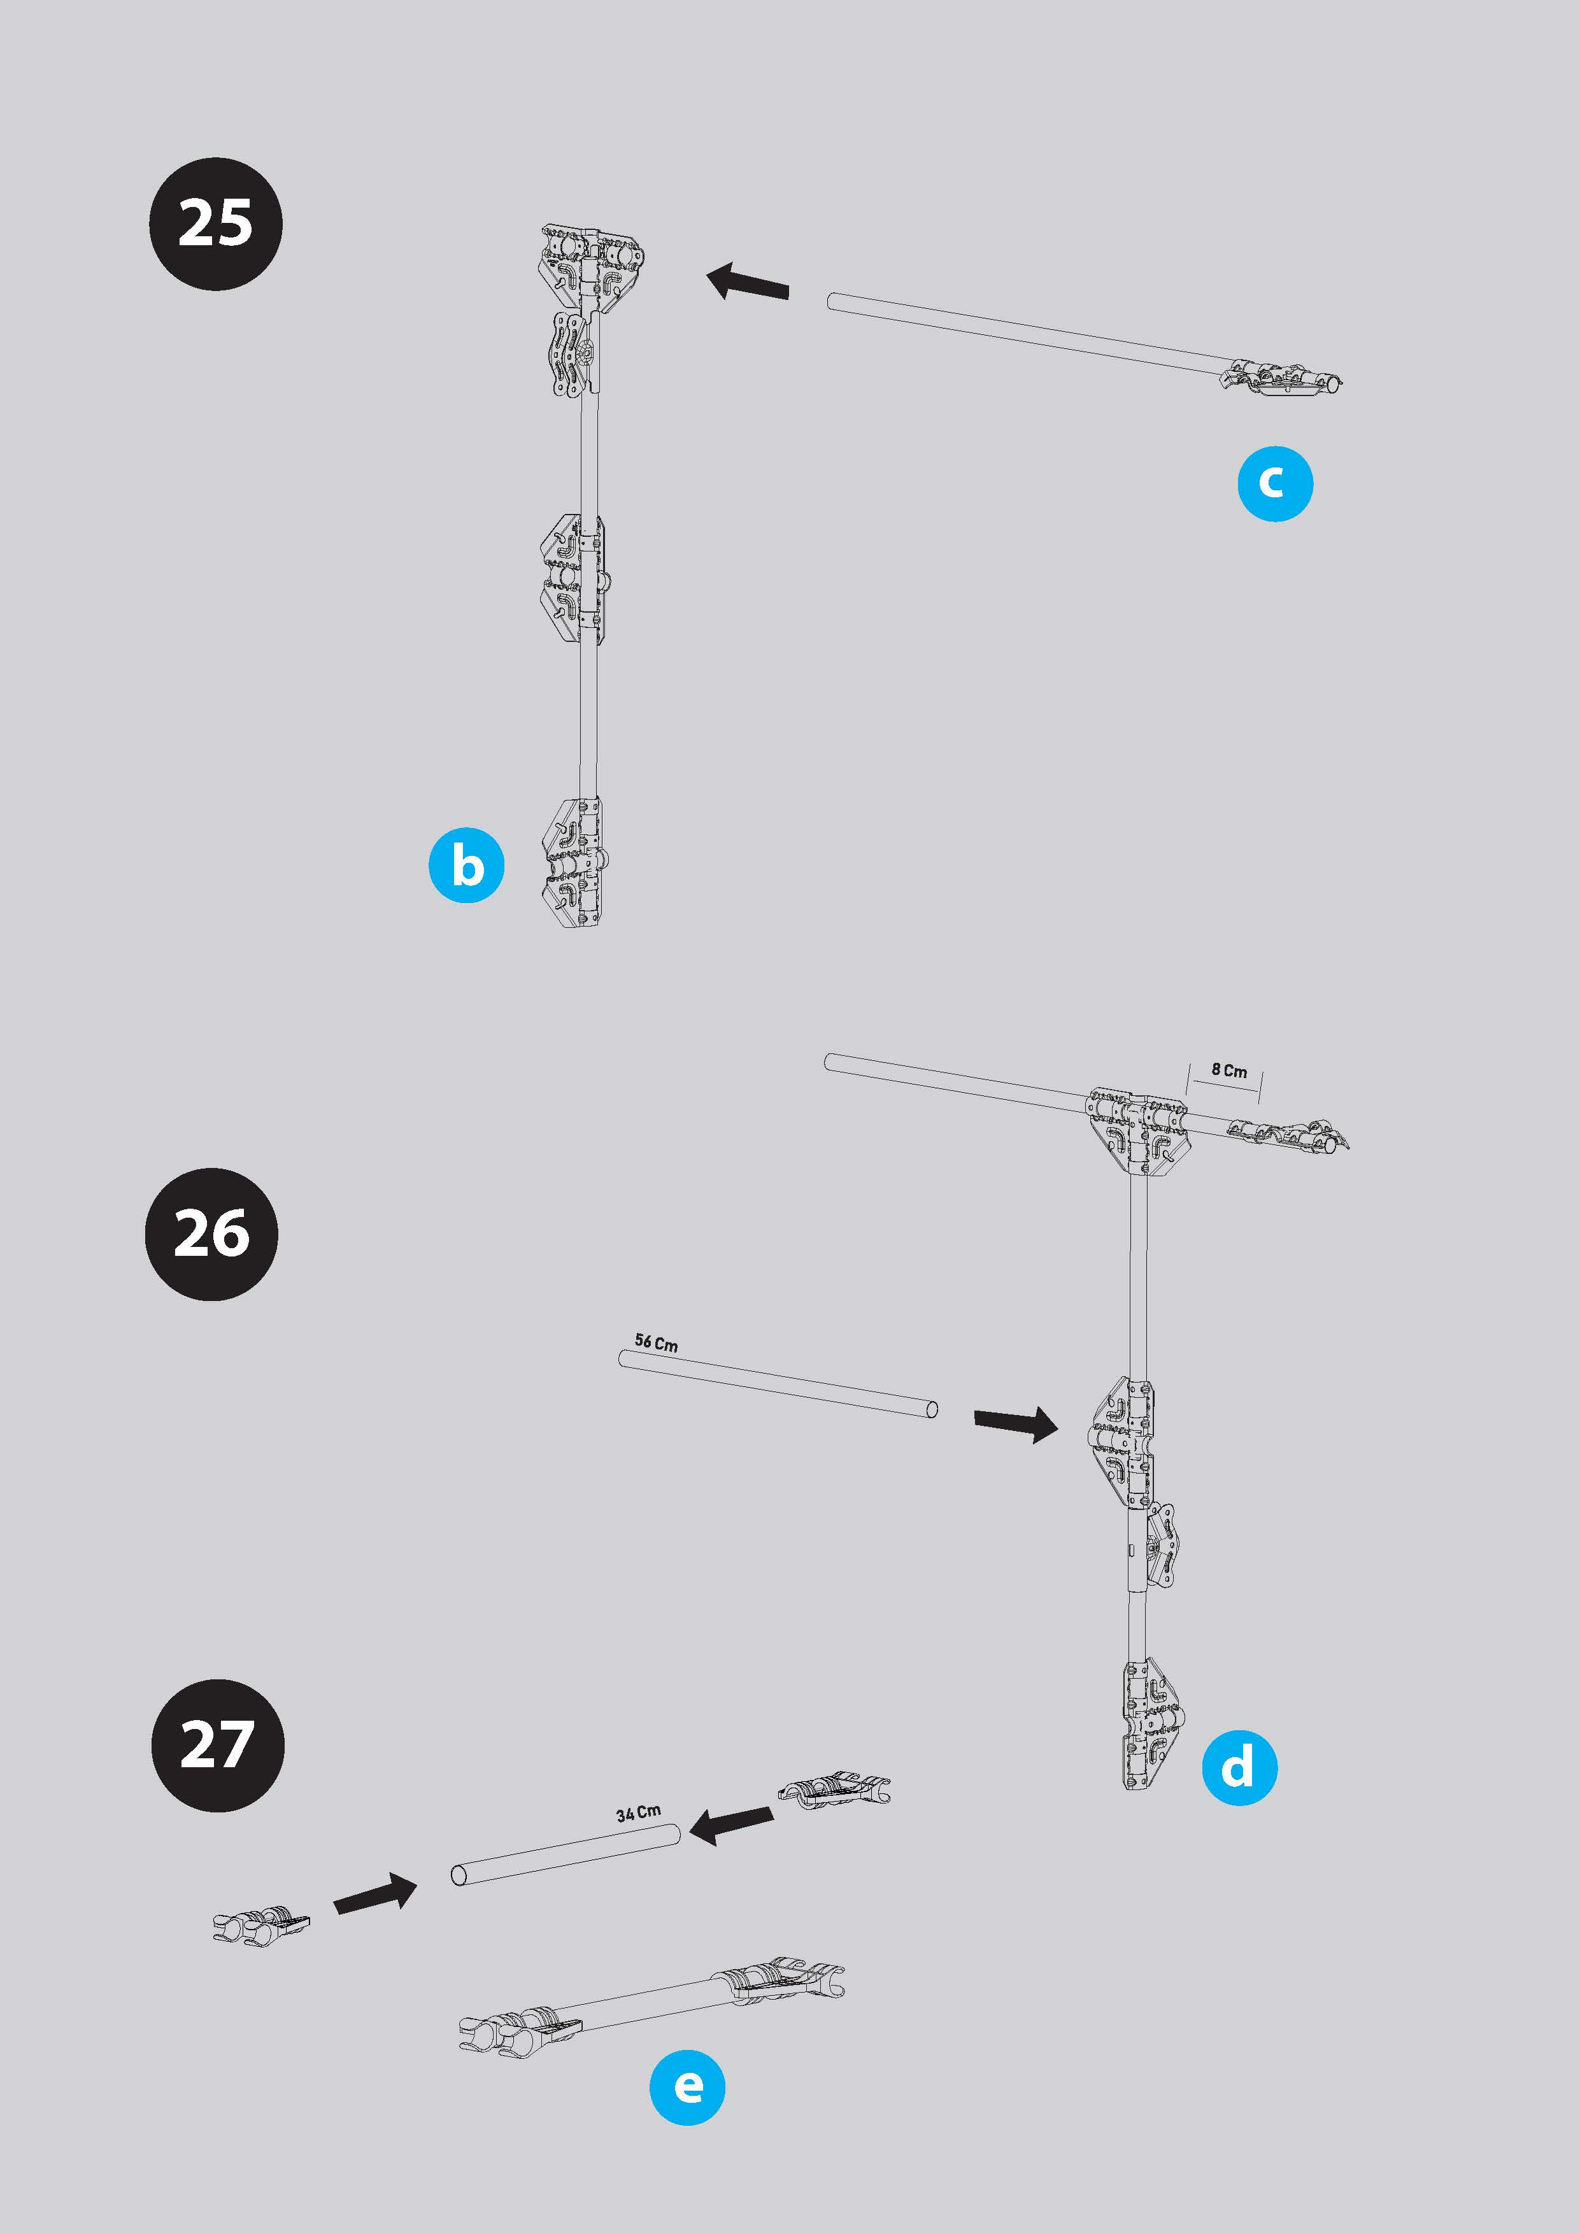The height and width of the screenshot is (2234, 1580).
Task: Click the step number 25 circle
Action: (215, 224)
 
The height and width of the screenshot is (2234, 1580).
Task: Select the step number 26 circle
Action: (211, 1234)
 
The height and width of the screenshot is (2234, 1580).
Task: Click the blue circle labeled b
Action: (467, 865)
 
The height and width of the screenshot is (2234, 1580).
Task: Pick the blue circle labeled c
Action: (1274, 483)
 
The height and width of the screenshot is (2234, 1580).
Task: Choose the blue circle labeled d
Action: (1239, 1767)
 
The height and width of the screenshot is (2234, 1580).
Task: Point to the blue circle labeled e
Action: (688, 2087)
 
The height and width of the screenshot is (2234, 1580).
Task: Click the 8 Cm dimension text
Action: (1228, 1071)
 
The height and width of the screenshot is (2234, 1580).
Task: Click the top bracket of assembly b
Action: (592, 267)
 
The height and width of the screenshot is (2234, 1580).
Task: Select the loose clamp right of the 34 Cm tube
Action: (834, 1790)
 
